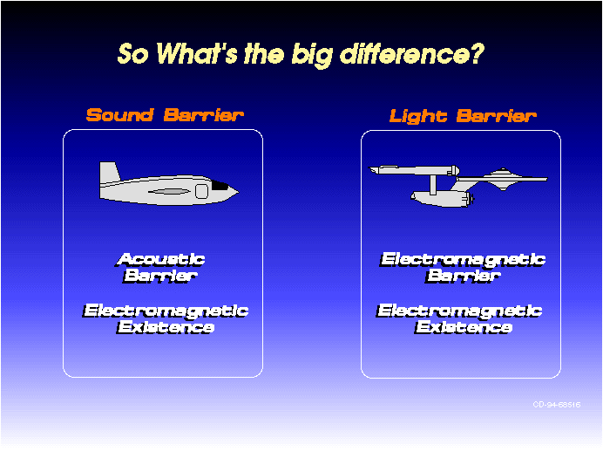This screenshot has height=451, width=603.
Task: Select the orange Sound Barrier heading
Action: pos(165,115)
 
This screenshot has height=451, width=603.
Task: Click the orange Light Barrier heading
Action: pos(463,115)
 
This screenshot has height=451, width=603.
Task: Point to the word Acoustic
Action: pos(160,259)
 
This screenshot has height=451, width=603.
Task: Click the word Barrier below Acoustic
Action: pos(160,276)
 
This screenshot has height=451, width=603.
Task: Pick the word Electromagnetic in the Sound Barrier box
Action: pos(166,311)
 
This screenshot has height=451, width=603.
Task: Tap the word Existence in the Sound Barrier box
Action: pos(166,327)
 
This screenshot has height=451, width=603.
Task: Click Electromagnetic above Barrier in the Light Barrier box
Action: pos(463,260)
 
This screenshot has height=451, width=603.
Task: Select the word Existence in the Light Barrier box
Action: pos(464,327)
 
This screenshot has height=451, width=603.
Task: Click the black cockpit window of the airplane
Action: pos(220,186)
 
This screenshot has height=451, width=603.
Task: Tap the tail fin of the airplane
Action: pos(109,172)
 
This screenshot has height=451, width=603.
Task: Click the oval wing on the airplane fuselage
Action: pos(169,191)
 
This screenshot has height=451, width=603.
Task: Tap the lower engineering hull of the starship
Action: pos(443,197)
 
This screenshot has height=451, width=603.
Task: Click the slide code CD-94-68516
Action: pos(557,405)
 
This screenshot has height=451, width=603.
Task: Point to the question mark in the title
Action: pos(478,53)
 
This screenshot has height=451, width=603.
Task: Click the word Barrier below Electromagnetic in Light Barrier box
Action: pos(463,276)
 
